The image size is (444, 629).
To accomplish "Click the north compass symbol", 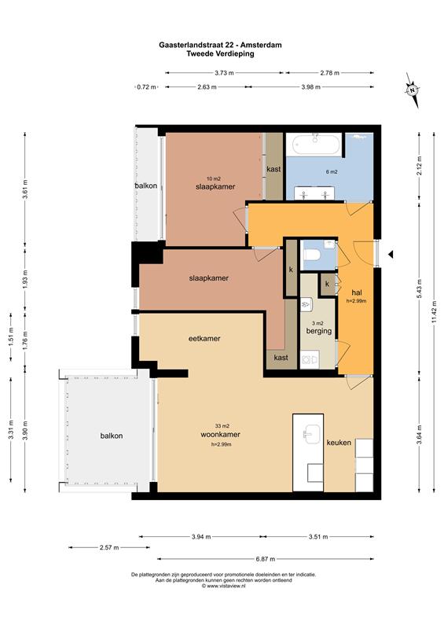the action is coord(412,90).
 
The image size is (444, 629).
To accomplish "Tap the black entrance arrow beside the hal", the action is coord(391,254).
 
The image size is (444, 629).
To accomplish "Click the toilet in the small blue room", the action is coord(312,255).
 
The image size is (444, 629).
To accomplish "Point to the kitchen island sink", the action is coord(313,435).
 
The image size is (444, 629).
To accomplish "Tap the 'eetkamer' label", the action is coord(204,339).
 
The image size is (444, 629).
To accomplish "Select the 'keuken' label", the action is coord(339,443).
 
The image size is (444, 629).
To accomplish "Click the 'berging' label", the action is coord(319,331).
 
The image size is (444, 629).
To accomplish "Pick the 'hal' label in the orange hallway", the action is coord(357,292).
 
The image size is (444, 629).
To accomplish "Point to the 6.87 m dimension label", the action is coord(266,559).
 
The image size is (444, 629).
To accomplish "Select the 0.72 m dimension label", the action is coord(146,86).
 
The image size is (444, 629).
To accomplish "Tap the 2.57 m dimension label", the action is coord(109,547).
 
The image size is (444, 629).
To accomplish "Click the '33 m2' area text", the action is coord(222,426).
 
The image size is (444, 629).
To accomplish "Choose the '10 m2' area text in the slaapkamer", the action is coord(214,179).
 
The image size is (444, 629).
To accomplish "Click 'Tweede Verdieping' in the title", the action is coord(220,53).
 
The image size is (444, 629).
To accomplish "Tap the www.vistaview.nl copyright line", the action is coord(223,586).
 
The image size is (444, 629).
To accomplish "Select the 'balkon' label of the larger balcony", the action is coord(112,436).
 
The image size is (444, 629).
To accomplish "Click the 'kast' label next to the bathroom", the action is coord(273,169).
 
